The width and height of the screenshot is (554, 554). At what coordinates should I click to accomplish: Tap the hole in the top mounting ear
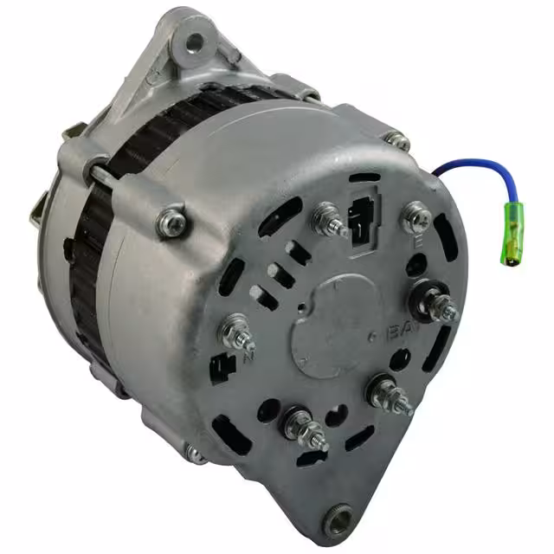[x=194, y=40]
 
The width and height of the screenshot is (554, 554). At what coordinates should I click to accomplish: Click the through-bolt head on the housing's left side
[x=171, y=222]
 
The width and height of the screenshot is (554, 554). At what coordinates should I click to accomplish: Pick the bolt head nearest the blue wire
[x=397, y=140]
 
